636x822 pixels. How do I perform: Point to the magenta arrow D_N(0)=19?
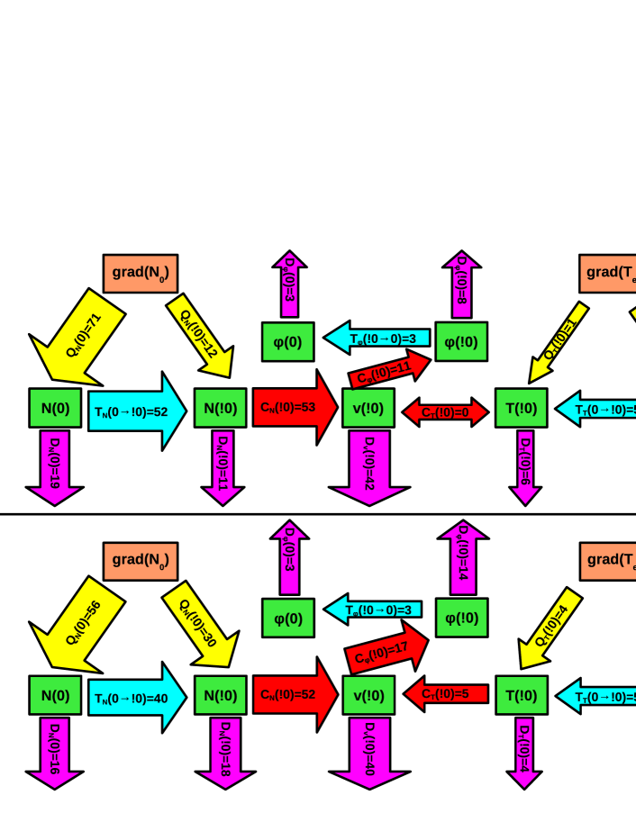[x=55, y=464]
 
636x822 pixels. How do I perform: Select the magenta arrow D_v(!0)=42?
[x=369, y=465]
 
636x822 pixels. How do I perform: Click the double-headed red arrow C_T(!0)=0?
[x=445, y=412]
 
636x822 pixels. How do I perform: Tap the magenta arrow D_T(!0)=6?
[x=524, y=464]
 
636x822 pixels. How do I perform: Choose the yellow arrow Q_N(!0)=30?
[x=200, y=622]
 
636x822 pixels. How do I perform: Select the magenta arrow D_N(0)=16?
[x=55, y=749]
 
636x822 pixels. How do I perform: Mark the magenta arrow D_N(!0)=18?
[x=225, y=749]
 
